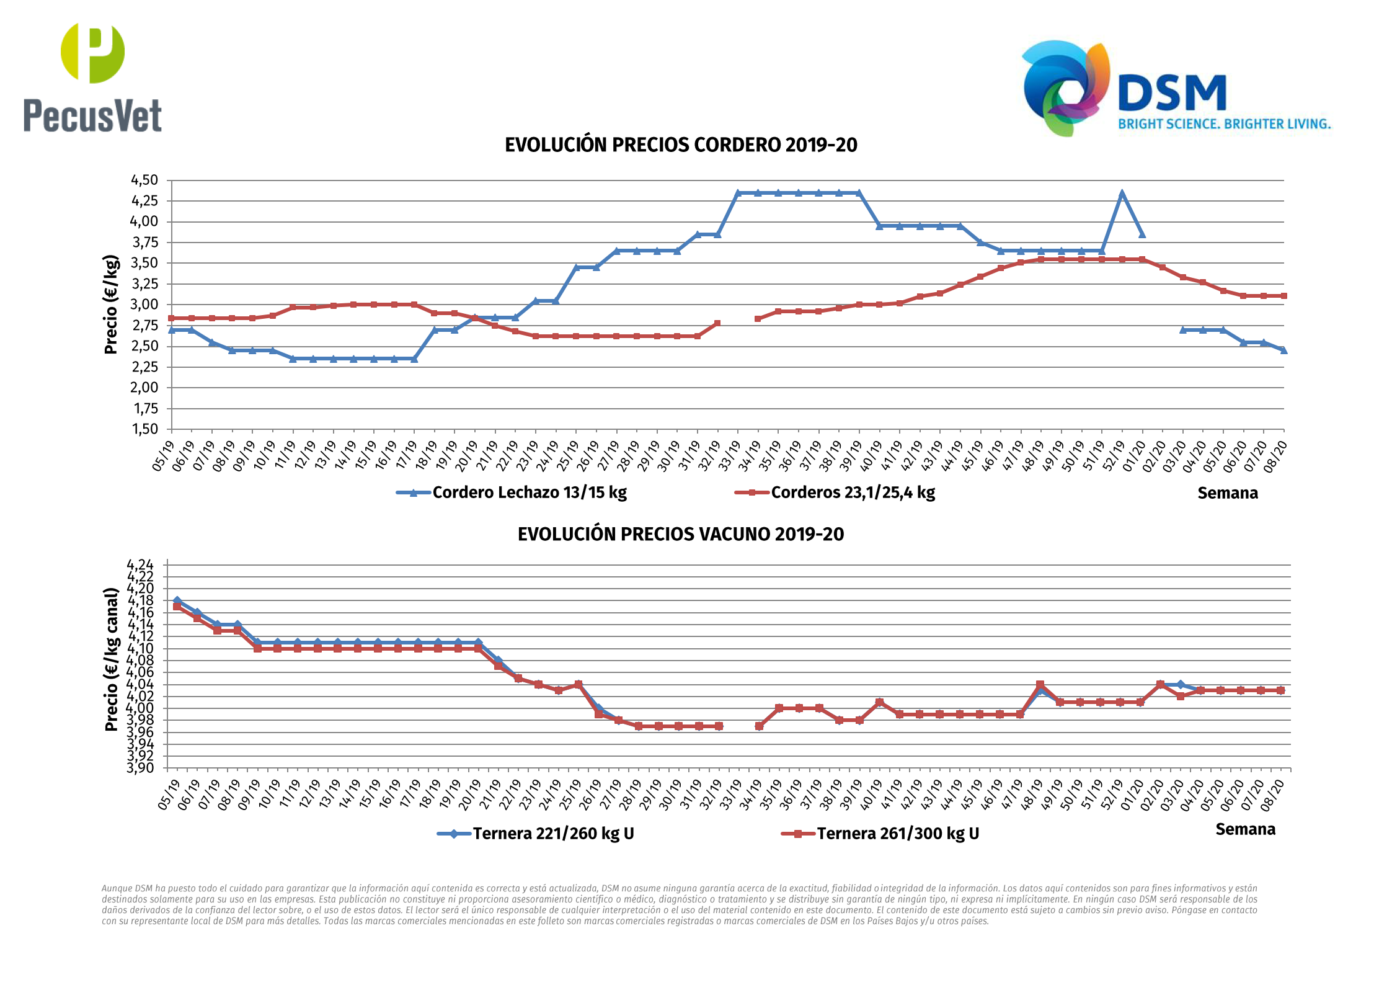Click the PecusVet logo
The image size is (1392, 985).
(x=92, y=78)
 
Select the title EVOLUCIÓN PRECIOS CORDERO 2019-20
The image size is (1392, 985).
(x=681, y=145)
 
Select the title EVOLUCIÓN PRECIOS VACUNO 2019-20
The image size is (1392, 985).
(x=681, y=534)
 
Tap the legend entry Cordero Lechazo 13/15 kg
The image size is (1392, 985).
(x=529, y=493)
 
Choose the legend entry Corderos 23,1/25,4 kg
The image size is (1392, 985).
(x=852, y=493)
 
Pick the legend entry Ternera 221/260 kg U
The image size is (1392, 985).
(x=552, y=834)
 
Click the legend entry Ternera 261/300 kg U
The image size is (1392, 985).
(x=897, y=834)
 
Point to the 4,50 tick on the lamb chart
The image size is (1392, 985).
(x=144, y=181)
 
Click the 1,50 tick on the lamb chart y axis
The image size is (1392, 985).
(x=144, y=429)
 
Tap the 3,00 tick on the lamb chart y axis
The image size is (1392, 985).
(x=144, y=305)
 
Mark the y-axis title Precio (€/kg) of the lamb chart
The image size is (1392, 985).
(x=111, y=305)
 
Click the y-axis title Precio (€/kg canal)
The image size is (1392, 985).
(x=111, y=659)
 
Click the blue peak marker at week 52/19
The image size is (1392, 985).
(x=1122, y=194)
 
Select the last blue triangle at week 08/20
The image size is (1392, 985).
(x=1283, y=350)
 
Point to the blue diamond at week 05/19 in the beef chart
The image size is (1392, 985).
(x=177, y=600)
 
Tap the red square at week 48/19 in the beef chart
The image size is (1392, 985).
(x=1040, y=685)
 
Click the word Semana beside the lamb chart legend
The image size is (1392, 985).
(x=1227, y=493)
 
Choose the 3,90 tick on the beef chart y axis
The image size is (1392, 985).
(x=140, y=768)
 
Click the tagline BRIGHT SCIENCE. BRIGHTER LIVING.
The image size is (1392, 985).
(x=1224, y=124)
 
